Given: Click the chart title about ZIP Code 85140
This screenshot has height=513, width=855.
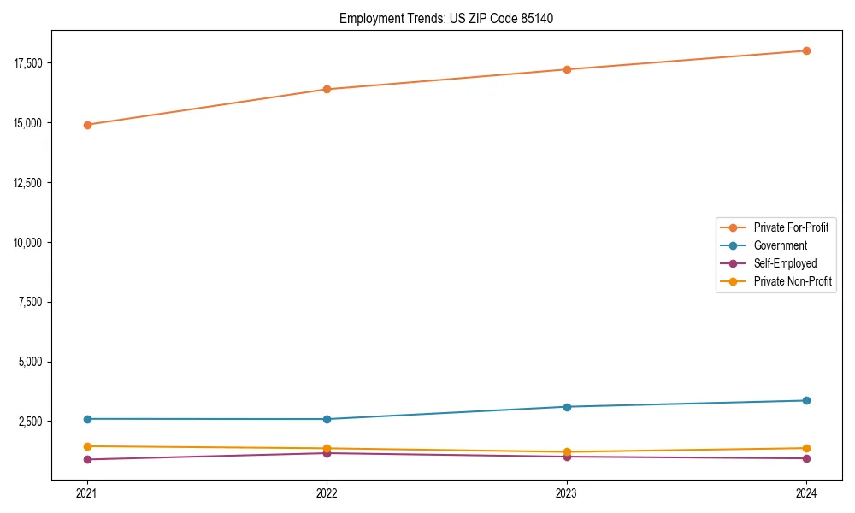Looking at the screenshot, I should (x=445, y=18).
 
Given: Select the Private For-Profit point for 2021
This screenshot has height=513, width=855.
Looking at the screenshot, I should (x=87, y=125).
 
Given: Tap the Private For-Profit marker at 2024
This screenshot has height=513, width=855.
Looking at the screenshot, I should (x=806, y=50).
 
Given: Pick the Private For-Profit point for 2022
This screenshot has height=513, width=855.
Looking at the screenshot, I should (x=327, y=89).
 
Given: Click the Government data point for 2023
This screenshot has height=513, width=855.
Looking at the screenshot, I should (x=567, y=407).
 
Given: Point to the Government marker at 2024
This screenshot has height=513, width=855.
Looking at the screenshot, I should (x=806, y=400).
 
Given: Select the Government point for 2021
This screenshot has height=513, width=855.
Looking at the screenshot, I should (x=87, y=419).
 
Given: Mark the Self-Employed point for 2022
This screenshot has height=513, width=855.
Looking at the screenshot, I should (x=327, y=453).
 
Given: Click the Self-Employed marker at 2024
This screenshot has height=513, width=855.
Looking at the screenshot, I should (x=806, y=458).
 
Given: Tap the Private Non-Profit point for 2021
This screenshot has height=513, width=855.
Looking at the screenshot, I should (x=87, y=446).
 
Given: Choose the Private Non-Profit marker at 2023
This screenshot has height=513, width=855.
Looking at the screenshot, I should (x=567, y=451).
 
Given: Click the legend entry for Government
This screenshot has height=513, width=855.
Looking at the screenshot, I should (x=780, y=245).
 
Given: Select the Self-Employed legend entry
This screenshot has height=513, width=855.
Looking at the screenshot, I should (x=785, y=263).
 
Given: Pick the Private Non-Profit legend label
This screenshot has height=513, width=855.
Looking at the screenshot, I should (x=793, y=281).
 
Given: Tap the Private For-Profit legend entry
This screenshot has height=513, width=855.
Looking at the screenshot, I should (x=791, y=227).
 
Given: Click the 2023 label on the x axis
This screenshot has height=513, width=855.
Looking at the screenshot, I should (x=567, y=492).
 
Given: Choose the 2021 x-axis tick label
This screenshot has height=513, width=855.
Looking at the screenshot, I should (x=87, y=492).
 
